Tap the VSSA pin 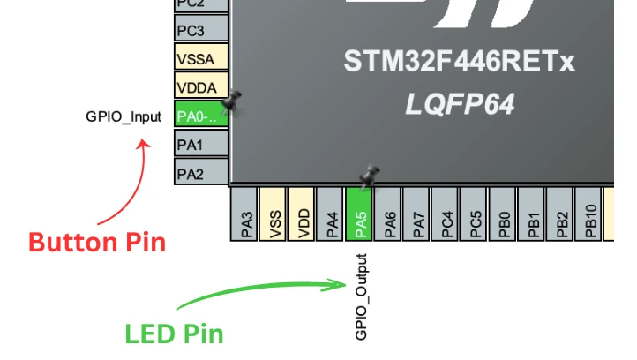coord(200,59)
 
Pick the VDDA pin coord(200,87)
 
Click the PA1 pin coord(200,144)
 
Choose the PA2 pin coord(200,172)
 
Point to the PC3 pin coord(200,31)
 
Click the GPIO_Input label coord(124,116)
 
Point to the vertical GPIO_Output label coord(360,297)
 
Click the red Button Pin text coord(97,241)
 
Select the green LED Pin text coord(174,334)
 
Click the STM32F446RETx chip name coord(459,63)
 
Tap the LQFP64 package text coord(459,104)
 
